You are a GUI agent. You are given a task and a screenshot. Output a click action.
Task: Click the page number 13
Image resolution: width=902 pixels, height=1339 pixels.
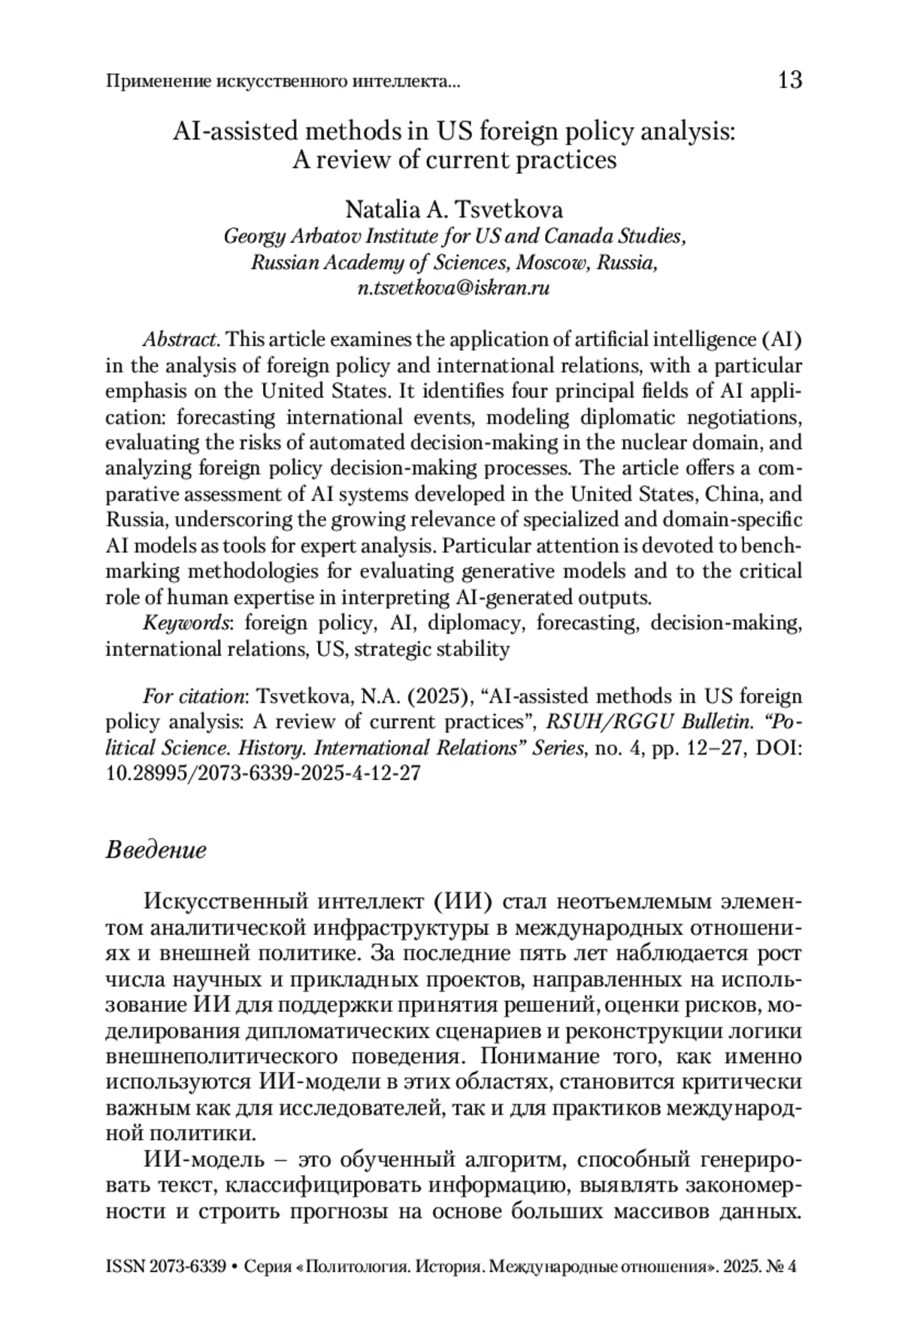click(x=790, y=80)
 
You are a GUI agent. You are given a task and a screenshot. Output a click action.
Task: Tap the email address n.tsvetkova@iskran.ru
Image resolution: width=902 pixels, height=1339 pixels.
click(x=454, y=288)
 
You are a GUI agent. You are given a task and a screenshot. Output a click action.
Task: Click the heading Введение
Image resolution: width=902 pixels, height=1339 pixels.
click(x=156, y=850)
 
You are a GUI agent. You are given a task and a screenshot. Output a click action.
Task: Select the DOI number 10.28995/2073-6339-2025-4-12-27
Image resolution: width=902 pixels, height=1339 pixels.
click(x=262, y=774)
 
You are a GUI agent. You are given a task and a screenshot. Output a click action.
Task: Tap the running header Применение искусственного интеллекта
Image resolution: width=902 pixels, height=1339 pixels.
click(x=283, y=80)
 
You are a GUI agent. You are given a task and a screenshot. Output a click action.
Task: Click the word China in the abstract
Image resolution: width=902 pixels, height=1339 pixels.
click(x=722, y=494)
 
